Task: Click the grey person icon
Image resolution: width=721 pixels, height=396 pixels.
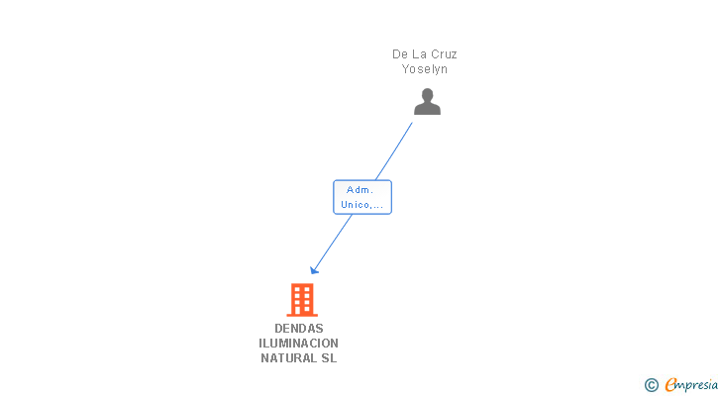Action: pos(427,103)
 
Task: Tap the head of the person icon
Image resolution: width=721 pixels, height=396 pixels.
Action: pos(427,95)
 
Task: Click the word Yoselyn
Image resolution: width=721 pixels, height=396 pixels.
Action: pos(425,69)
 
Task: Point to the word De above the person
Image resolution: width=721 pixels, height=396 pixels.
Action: pos(400,54)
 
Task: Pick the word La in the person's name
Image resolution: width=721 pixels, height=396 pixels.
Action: pos(419,54)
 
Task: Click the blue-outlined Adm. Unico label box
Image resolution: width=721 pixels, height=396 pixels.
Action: pos(362,197)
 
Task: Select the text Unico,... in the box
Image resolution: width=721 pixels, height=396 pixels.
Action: pos(362,205)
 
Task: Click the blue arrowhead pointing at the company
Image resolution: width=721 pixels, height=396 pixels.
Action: pos(314,270)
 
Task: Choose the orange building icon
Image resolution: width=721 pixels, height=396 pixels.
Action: pos(301,299)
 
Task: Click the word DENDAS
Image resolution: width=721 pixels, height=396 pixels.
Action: pos(299,329)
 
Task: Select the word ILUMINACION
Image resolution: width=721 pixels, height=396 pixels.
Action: pos(299,344)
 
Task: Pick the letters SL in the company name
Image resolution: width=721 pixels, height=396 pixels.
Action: pos(329,358)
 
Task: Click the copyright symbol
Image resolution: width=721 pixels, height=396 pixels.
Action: pos(651,385)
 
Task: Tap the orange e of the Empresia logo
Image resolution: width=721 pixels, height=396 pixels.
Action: pos(670,385)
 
